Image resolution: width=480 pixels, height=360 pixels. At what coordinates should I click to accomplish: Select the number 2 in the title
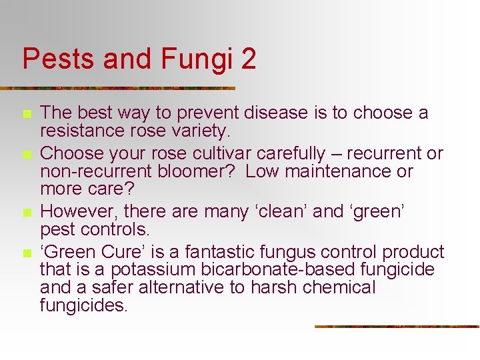point(248,59)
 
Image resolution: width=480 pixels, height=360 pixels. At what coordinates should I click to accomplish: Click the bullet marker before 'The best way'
point(27,115)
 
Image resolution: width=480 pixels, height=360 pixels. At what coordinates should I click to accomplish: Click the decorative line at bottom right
point(397,326)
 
